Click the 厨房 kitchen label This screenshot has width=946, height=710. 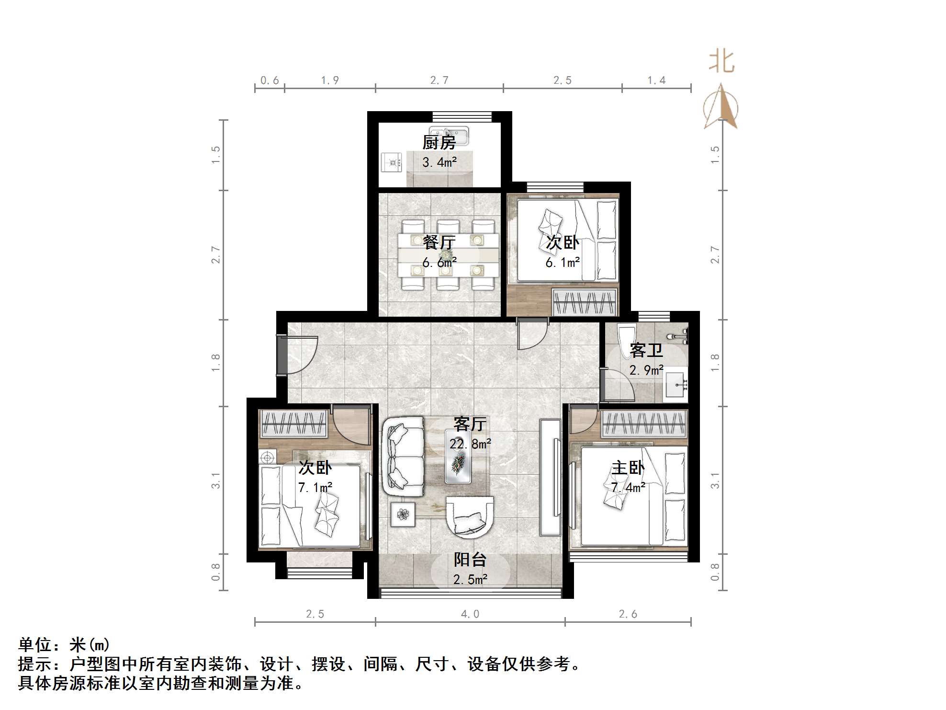[439, 142]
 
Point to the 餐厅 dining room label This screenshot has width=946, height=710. [439, 242]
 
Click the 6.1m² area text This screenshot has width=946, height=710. [563, 263]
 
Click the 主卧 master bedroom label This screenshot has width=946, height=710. [628, 468]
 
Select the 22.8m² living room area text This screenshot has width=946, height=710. [470, 444]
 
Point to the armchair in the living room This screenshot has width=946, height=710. [469, 517]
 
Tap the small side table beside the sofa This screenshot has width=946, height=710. [403, 514]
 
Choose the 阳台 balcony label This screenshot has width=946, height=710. [470, 560]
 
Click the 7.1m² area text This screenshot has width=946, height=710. [315, 488]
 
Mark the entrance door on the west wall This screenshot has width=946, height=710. [283, 355]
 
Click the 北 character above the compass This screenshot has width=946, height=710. [721, 62]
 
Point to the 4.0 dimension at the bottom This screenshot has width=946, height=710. [470, 614]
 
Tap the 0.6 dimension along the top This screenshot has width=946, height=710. [270, 80]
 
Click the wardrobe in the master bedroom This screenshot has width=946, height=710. [644, 424]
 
